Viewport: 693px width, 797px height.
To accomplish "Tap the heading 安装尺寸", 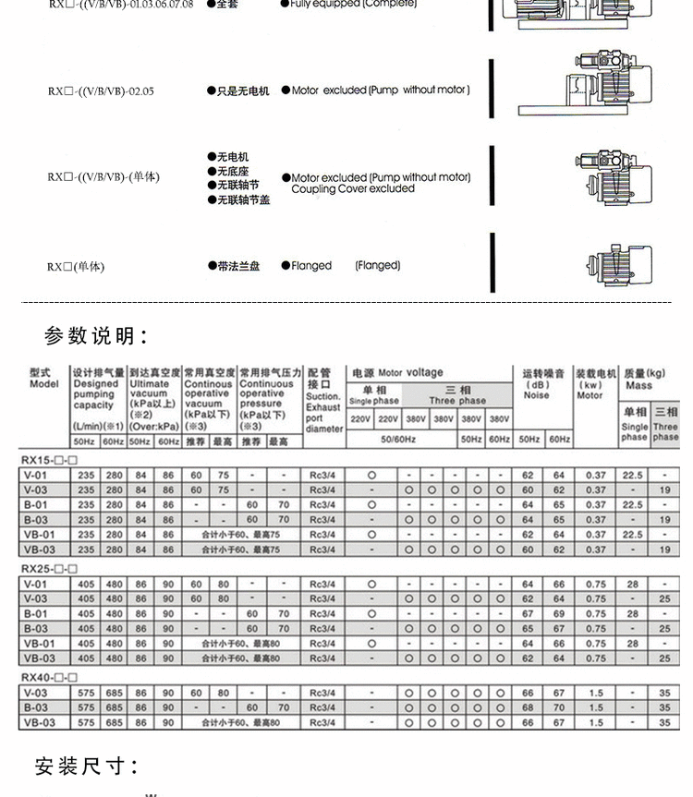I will (x=87, y=766).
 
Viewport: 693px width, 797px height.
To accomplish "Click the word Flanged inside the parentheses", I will (x=378, y=266).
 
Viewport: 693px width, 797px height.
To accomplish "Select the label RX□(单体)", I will (x=76, y=267).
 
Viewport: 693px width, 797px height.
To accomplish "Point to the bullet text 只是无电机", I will (x=243, y=91).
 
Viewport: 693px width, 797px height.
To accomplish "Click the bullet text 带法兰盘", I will (x=238, y=266).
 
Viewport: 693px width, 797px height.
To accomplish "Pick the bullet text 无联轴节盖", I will (x=243, y=199).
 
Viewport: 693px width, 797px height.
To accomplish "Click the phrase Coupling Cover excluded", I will (x=353, y=189).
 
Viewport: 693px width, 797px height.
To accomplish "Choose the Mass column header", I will (x=644, y=380).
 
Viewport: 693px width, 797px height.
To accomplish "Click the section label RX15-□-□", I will (x=49, y=459).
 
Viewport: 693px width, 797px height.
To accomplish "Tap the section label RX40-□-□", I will (x=49, y=677).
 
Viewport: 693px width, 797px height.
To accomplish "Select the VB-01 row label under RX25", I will (x=39, y=644).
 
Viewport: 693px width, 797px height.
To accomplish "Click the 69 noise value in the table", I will (x=558, y=613).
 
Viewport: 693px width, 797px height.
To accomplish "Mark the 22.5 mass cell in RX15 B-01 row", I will (x=632, y=505).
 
